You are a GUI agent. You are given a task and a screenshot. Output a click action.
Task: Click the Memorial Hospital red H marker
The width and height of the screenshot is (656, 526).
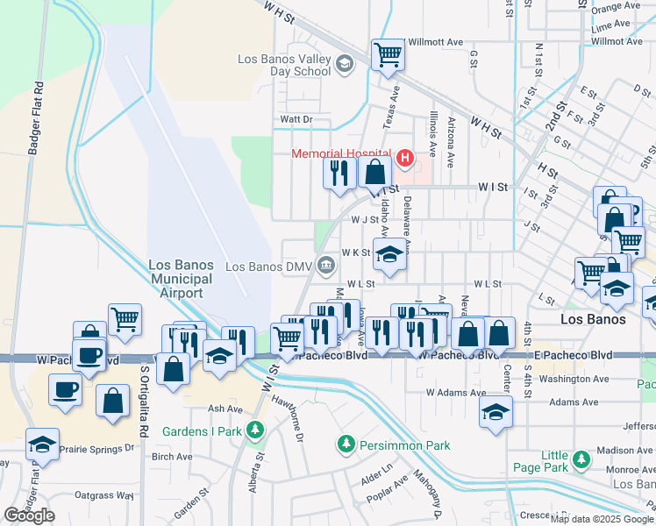(404, 158)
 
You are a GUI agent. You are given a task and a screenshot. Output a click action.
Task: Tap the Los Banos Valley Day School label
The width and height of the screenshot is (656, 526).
(284, 66)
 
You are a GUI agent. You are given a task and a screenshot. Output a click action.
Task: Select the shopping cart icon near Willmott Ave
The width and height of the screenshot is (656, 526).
(388, 55)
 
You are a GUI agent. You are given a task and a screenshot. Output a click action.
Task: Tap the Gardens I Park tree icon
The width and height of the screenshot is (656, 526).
(254, 430)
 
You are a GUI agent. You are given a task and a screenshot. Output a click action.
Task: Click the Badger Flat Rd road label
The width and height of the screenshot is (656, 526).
(37, 118)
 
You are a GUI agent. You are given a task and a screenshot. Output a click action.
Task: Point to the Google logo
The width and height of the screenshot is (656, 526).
(29, 515)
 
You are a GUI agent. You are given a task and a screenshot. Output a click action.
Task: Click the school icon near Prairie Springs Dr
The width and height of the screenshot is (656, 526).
(41, 444)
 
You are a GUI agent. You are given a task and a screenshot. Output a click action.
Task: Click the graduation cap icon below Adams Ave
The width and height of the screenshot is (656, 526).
(496, 412)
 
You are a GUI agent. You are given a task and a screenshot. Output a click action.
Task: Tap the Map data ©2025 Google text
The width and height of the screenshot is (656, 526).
(602, 519)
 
